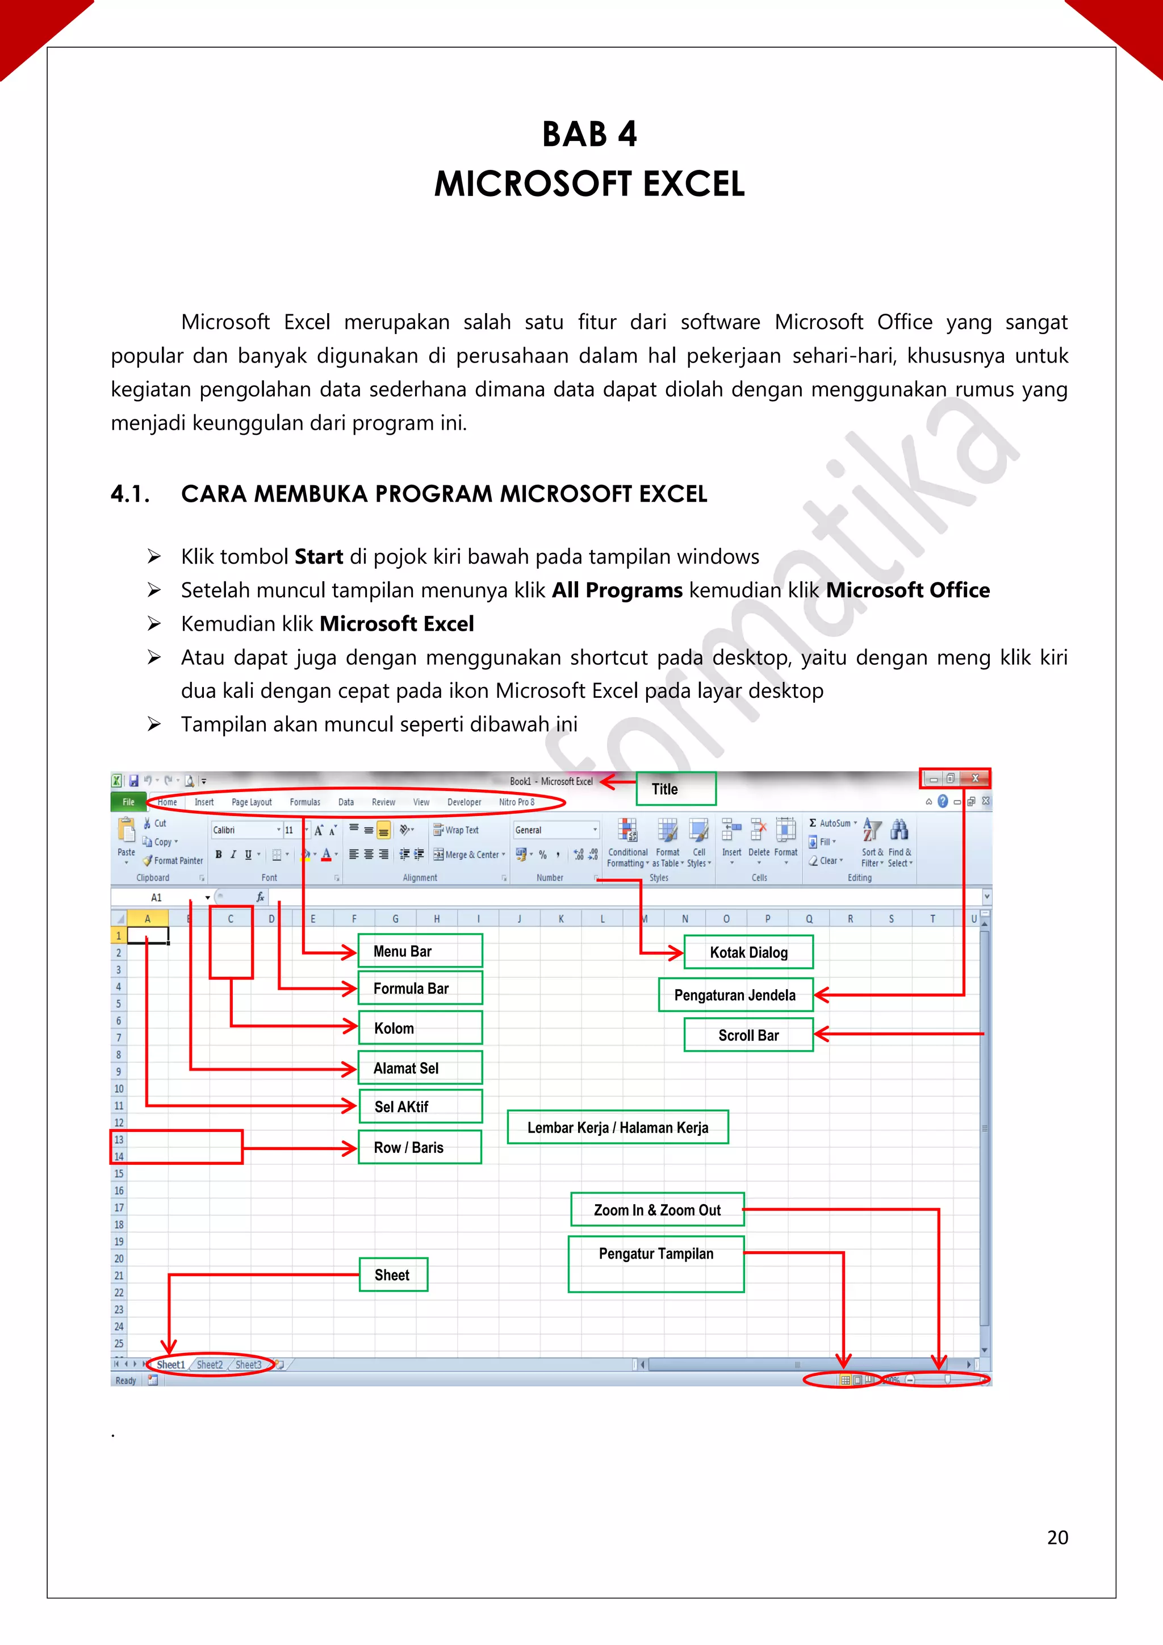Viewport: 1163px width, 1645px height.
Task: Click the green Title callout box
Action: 675,789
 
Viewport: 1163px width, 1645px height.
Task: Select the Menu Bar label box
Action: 420,951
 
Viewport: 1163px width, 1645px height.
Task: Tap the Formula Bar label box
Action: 420,989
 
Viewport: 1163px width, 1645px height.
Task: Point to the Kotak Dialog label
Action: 748,952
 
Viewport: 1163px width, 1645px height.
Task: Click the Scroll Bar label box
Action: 748,1035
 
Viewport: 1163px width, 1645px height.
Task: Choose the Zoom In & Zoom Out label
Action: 656,1210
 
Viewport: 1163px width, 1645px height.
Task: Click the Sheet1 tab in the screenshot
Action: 171,1365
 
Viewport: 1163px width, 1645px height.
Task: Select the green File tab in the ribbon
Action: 128,802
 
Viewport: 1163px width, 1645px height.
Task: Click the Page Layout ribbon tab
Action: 252,802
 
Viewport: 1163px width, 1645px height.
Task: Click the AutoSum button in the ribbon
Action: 834,823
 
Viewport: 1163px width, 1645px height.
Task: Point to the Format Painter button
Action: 173,860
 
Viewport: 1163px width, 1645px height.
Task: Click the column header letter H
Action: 437,918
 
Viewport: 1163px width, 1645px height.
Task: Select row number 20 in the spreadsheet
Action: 119,1259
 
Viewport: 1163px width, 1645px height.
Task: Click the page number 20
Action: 1057,1538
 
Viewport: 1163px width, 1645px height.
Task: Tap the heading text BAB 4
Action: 589,134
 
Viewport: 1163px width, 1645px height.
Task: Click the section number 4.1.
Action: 129,494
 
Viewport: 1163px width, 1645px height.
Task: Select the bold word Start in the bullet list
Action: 319,557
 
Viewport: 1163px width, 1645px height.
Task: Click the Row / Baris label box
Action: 420,1148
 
